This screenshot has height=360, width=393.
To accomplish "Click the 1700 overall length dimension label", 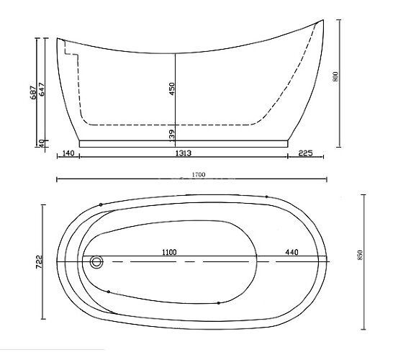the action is pos(199,174).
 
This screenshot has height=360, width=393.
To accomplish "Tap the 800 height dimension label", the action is pos(335,76).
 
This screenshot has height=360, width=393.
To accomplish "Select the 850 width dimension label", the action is pos(360,255).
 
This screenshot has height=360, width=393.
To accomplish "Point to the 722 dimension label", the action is pos(39,262).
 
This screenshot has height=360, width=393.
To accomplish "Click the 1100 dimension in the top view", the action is pos(169,252).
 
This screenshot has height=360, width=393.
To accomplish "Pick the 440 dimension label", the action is pos(292,252).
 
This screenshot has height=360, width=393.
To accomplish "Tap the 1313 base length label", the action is pos(184,153).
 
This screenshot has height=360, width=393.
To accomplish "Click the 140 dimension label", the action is pos(68,153).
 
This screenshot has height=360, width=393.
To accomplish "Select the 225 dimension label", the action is pos(306,153).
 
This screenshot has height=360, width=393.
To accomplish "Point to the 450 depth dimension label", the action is pos(172,89).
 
